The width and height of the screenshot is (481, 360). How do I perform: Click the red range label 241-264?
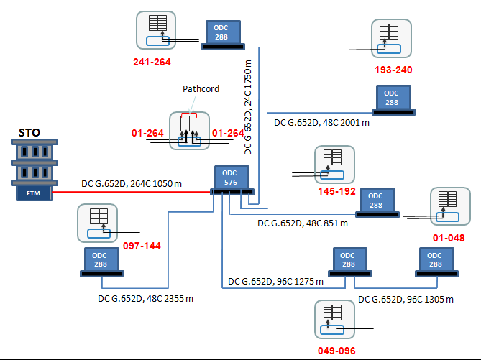click(x=152, y=62)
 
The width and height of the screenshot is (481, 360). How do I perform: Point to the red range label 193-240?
click(x=393, y=70)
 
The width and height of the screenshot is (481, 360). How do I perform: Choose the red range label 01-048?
click(x=449, y=238)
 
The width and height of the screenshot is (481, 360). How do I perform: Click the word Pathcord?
click(x=201, y=89)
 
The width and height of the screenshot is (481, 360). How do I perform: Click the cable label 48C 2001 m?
click(x=321, y=123)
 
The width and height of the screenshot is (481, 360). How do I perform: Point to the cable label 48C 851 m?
click(x=302, y=223)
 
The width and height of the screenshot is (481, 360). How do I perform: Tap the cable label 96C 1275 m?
click(x=275, y=281)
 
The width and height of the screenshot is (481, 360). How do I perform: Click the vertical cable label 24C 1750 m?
click(x=248, y=107)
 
